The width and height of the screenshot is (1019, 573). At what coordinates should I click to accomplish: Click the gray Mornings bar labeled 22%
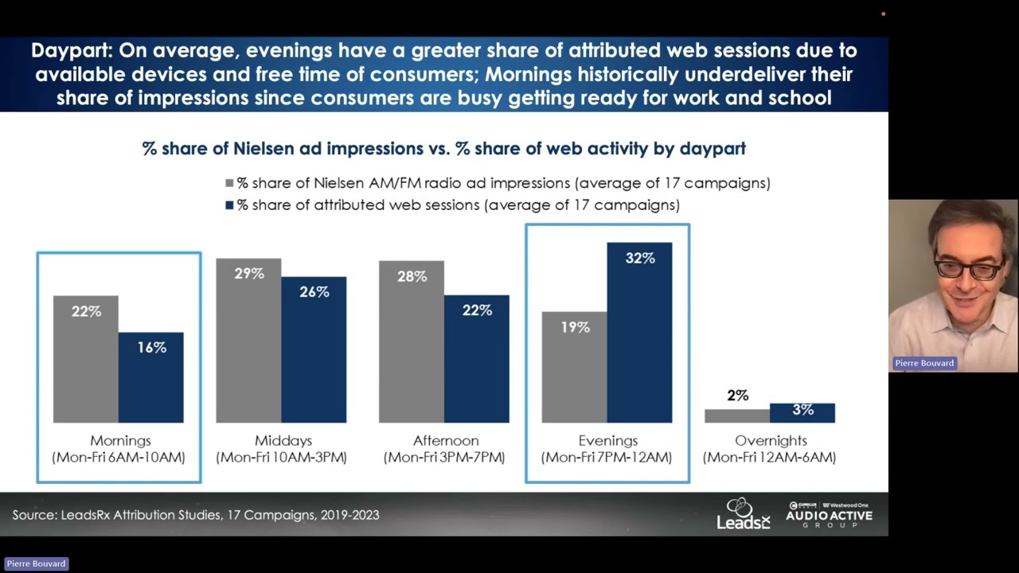click(85, 359)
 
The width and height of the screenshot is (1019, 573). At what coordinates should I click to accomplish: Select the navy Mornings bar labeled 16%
click(151, 377)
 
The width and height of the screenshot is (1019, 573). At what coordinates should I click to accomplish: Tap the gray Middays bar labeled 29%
click(248, 341)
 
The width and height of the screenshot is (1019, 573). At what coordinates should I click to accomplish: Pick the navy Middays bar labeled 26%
click(314, 349)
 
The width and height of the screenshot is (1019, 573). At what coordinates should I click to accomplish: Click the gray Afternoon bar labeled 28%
click(412, 342)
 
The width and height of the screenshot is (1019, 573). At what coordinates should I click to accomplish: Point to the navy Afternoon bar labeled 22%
click(477, 359)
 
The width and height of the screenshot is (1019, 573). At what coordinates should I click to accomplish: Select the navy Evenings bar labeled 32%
click(639, 333)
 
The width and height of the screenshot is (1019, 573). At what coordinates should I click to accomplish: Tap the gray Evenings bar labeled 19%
click(574, 368)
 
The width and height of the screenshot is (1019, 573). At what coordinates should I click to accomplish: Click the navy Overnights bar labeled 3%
click(802, 413)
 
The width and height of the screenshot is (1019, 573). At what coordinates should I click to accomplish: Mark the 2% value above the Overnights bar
click(737, 396)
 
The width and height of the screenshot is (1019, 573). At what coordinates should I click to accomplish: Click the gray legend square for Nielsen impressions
click(229, 183)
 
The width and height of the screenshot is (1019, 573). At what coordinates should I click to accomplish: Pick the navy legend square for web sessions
click(229, 205)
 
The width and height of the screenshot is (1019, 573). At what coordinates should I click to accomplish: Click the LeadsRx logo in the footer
click(744, 514)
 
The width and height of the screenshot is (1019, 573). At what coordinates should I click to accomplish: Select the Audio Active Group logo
click(829, 515)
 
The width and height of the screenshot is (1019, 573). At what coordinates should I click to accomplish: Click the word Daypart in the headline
click(72, 51)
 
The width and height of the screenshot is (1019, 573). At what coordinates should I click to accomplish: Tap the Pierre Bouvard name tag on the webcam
click(924, 364)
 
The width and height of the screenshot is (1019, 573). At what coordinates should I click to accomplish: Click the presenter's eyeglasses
click(968, 269)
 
